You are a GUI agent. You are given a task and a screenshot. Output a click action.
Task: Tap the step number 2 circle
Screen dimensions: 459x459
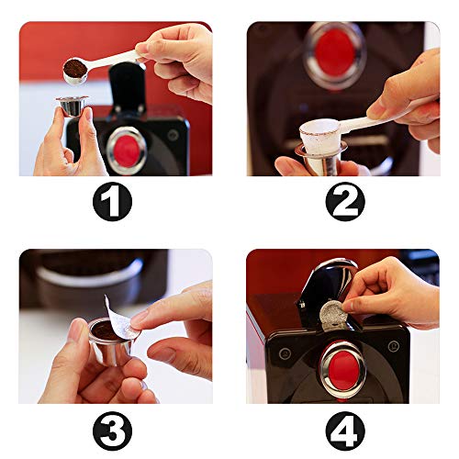(344, 201)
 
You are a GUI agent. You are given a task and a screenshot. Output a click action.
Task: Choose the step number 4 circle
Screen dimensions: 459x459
(344, 429)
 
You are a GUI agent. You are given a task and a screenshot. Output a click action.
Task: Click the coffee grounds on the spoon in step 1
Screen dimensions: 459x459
(75, 68)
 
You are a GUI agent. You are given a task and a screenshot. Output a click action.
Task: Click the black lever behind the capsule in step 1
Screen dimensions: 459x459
(129, 87)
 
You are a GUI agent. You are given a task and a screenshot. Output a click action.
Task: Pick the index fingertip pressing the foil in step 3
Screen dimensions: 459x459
(140, 318)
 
